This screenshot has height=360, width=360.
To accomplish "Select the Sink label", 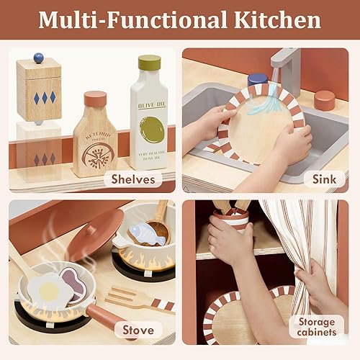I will [324, 179].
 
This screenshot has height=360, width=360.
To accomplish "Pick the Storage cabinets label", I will [317, 325].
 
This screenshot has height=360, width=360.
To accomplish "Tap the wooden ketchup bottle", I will [95, 140].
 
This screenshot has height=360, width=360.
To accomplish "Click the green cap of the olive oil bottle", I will [149, 63].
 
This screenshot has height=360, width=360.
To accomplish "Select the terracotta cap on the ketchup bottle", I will [95, 99].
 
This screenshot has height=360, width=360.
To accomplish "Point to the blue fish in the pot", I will [147, 233].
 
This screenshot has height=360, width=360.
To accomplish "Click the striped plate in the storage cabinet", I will [238, 317].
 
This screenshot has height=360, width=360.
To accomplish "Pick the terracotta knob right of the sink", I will [324, 100].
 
